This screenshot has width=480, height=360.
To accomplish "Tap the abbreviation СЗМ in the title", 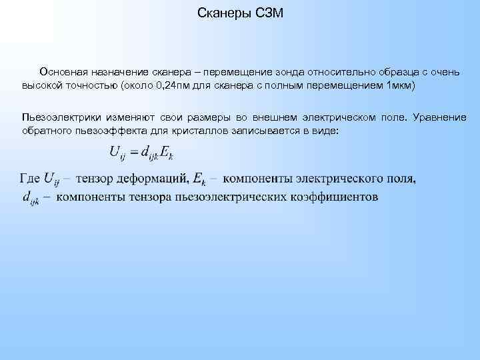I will pyautogui.click(x=269, y=14).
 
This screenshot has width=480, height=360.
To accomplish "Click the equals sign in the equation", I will pyautogui.click(x=133, y=154).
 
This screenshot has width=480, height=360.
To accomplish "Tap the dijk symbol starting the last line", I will pyautogui.click(x=30, y=197).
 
